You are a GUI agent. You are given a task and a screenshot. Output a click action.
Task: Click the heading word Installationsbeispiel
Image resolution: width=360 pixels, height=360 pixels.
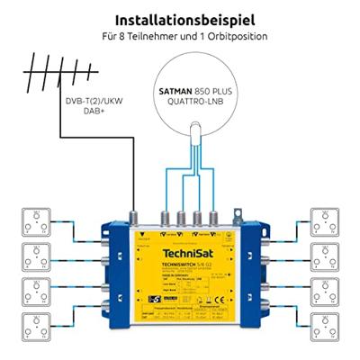coord(179,17)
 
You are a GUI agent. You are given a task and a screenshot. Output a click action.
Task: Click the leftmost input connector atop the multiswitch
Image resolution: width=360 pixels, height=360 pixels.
coord(140,217)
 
